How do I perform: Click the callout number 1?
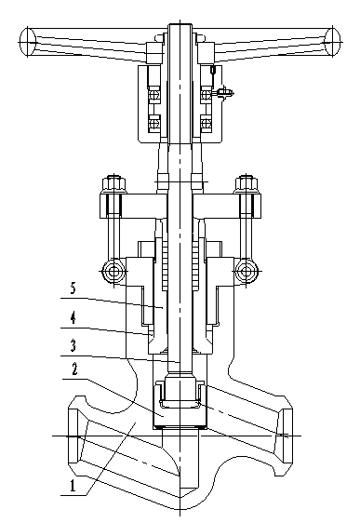[x=73, y=486]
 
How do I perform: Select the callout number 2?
[x=74, y=369]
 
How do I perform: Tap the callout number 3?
[x=73, y=345]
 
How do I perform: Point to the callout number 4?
[x=73, y=318]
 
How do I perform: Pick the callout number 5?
[x=73, y=288]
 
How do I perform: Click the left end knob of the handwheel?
[x=28, y=42]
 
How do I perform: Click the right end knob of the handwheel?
[x=333, y=42]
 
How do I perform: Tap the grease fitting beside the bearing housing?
[x=225, y=92]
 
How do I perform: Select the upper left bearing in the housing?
[x=154, y=95]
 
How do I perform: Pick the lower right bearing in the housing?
[x=206, y=123]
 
